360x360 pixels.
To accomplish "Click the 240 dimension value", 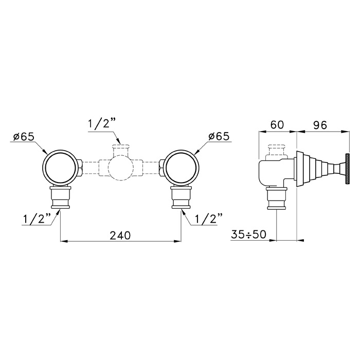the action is pos(120,236).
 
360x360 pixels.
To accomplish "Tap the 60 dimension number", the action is pos(277,124).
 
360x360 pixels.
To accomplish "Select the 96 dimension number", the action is pos(319,125).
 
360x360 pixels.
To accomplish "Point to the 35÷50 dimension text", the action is pos(248,235).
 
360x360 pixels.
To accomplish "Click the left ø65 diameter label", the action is pos(24,137).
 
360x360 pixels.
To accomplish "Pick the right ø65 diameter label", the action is pos(219,136).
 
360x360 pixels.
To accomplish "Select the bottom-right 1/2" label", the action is pos(208,219).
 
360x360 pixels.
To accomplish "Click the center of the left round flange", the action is pos(60,167).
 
